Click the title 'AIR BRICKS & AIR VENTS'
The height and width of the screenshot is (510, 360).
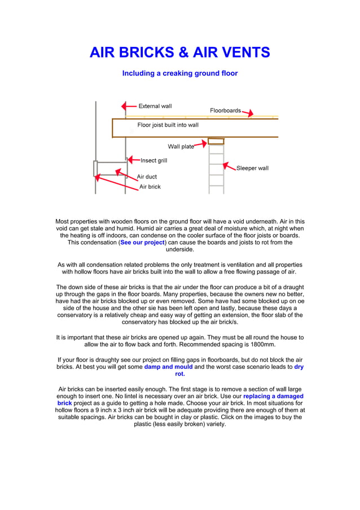point(180,53)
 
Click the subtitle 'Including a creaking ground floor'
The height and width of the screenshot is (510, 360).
point(180,73)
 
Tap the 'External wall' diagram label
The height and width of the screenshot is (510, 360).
point(155,106)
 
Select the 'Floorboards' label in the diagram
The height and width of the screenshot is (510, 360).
point(225,111)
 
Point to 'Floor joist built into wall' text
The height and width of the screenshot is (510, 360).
point(168,125)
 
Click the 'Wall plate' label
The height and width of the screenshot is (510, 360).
point(181,147)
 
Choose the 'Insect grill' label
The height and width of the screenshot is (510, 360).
point(153,161)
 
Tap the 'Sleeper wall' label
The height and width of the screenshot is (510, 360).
point(252,168)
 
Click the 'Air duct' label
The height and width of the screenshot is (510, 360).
point(147,177)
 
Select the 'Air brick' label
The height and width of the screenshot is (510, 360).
point(150,187)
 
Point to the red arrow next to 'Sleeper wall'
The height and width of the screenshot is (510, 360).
point(229,167)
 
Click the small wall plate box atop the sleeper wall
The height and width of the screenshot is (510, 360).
point(216,141)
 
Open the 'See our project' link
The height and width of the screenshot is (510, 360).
point(143,242)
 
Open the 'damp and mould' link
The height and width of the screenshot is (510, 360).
point(168,367)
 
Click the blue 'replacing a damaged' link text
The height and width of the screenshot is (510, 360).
point(273,396)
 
